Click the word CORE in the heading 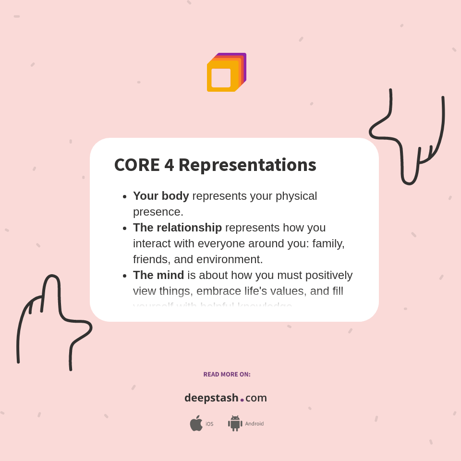137,165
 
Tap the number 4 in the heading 169,165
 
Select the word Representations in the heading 247,165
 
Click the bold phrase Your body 161,196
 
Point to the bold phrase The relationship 177,228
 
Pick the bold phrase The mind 158,275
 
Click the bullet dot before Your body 124,196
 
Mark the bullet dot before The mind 124,276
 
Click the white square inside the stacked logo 221,78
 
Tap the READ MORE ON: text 227,374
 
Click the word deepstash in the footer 211,398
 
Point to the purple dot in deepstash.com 242,400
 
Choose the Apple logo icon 196,423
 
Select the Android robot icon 235,423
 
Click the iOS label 209,424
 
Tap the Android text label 254,424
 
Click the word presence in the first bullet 157,212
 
